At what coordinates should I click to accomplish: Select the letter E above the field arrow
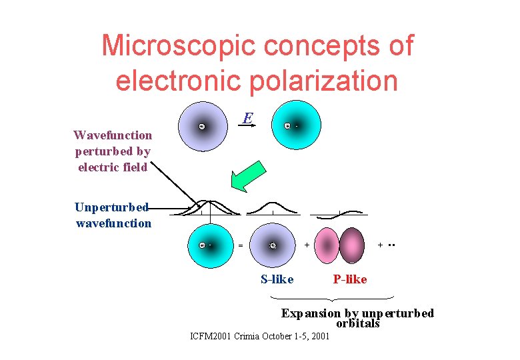pos(247,119)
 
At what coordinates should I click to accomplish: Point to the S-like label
pos(277,279)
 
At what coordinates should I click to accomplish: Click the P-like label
pos(350,279)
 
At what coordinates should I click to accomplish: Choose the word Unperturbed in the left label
pos(111,207)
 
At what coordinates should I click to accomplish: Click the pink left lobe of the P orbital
pos(327,245)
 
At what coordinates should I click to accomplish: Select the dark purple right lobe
pos(353,245)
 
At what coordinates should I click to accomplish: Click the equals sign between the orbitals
pos(241,245)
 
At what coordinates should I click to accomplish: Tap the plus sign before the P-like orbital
pos(307,245)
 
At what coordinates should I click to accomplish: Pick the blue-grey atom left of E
pos(202,127)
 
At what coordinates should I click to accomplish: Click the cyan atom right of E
pos(296,125)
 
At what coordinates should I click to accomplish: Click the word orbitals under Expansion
pos(357,324)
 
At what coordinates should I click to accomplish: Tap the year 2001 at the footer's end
pos(319,336)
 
